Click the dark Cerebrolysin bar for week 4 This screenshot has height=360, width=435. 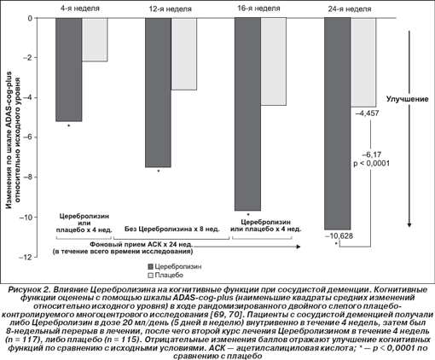(x=69, y=70)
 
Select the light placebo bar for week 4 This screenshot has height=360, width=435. (x=95, y=39)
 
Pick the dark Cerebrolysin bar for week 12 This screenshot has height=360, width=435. (x=158, y=92)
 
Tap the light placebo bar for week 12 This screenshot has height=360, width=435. (x=183, y=54)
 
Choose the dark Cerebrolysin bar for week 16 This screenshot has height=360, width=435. (x=247, y=114)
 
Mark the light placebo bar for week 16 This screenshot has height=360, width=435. (x=273, y=61)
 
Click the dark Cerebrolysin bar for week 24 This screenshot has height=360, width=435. (x=338, y=124)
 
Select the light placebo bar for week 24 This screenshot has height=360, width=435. (x=363, y=62)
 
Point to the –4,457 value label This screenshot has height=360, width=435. (x=367, y=113)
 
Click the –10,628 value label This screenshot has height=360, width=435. (x=339, y=235)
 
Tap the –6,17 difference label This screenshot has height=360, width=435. (x=371, y=154)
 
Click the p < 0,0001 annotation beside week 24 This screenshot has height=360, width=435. (x=371, y=164)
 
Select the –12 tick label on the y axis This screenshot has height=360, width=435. (x=28, y=257)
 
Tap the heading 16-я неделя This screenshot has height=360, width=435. (x=258, y=9)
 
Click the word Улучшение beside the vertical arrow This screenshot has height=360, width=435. (x=407, y=99)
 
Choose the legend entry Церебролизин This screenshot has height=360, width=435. (x=175, y=266)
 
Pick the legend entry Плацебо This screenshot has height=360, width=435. (x=165, y=275)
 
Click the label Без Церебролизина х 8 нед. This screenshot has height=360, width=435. (x=171, y=229)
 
